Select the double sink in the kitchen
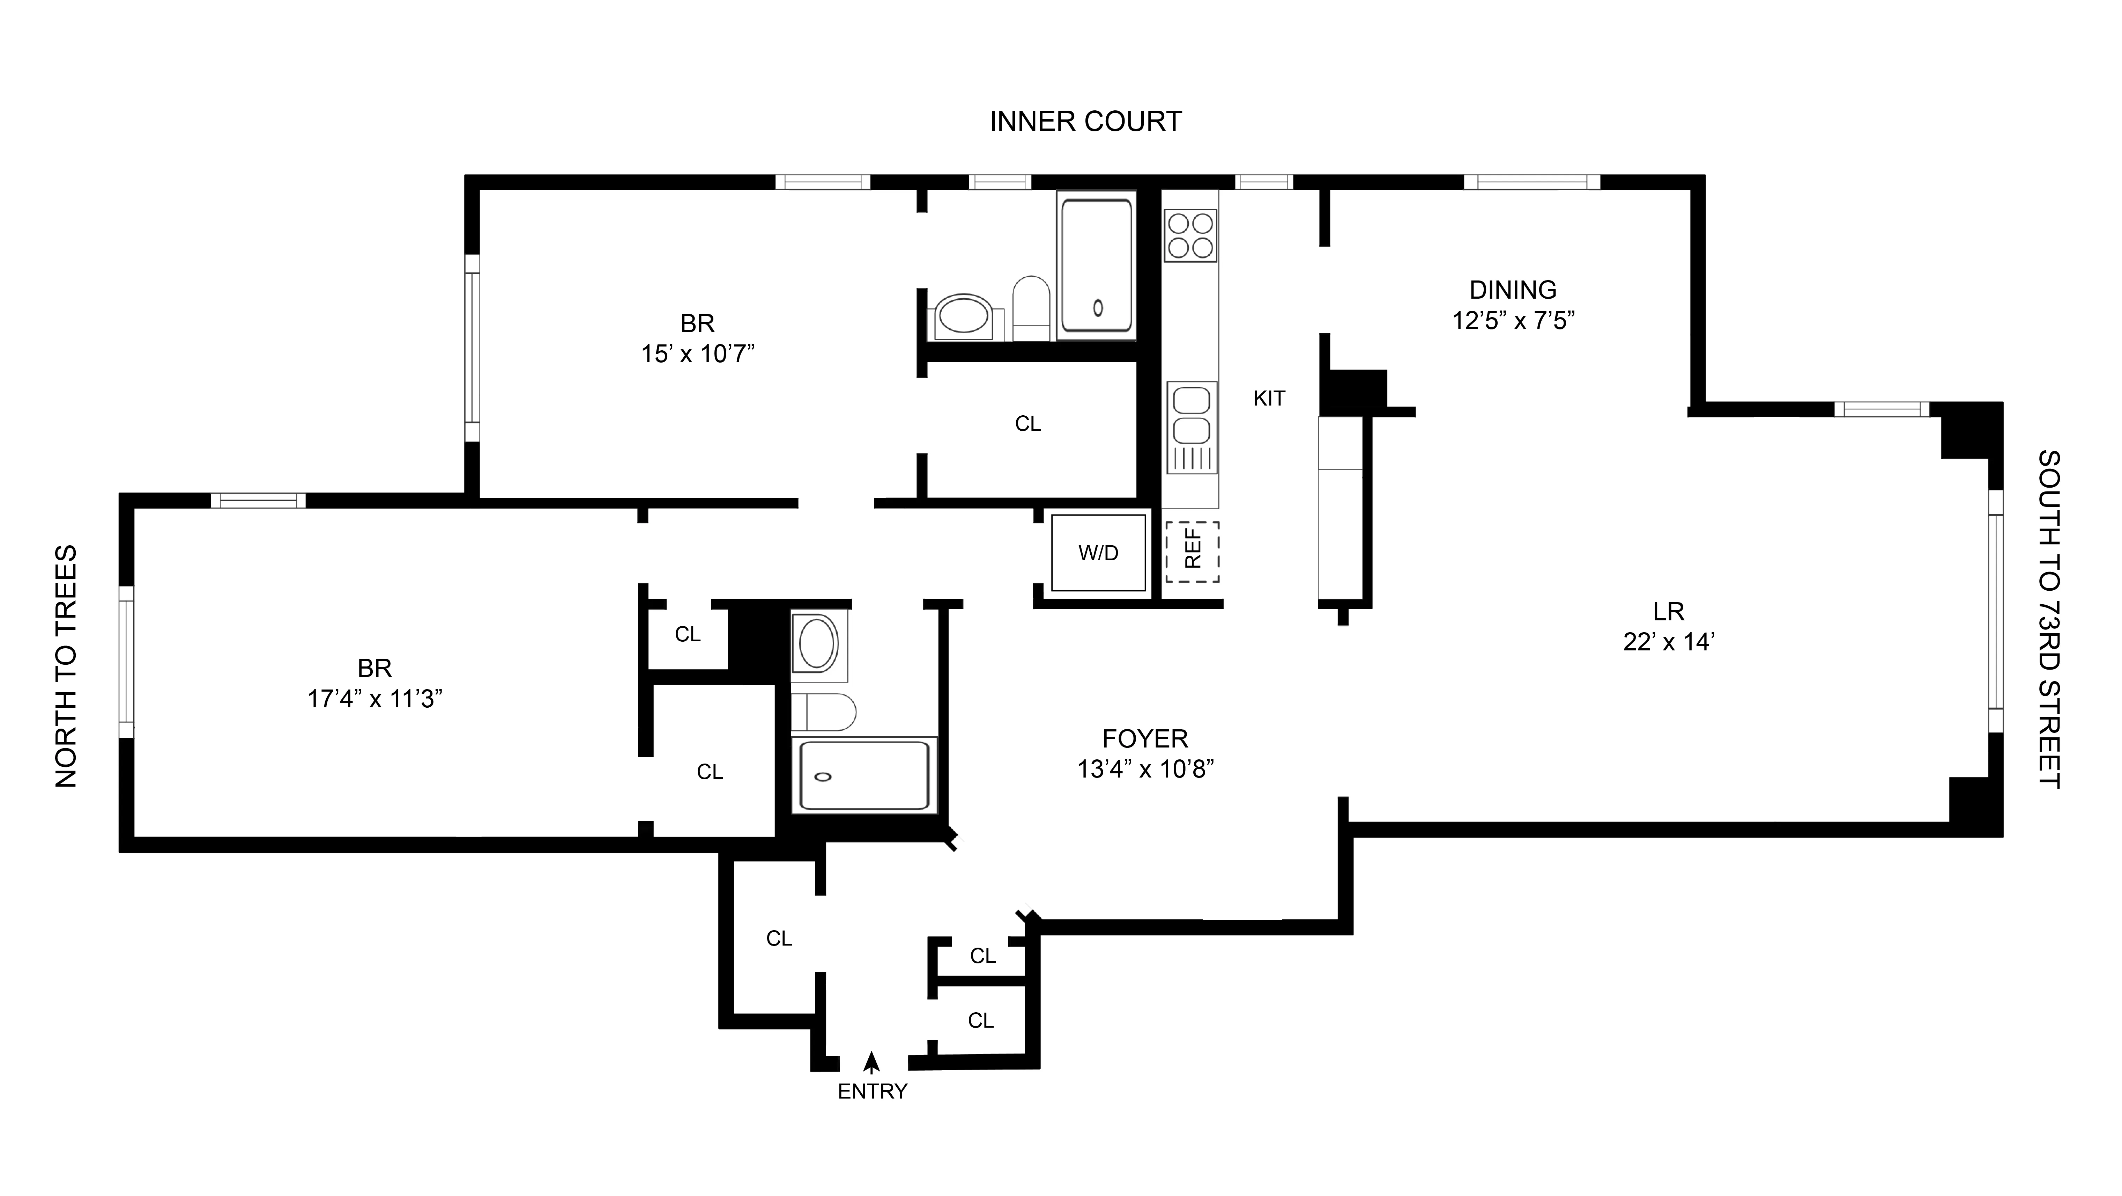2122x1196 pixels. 1191,427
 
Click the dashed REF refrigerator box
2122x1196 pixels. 1192,552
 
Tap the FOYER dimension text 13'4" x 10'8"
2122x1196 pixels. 1145,769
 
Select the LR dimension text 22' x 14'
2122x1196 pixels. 1668,642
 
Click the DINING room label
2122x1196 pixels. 1512,290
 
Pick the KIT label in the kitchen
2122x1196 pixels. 1269,399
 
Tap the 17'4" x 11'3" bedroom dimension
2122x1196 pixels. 375,699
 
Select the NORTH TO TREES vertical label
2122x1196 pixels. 66,666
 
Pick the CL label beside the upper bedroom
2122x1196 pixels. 1027,424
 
